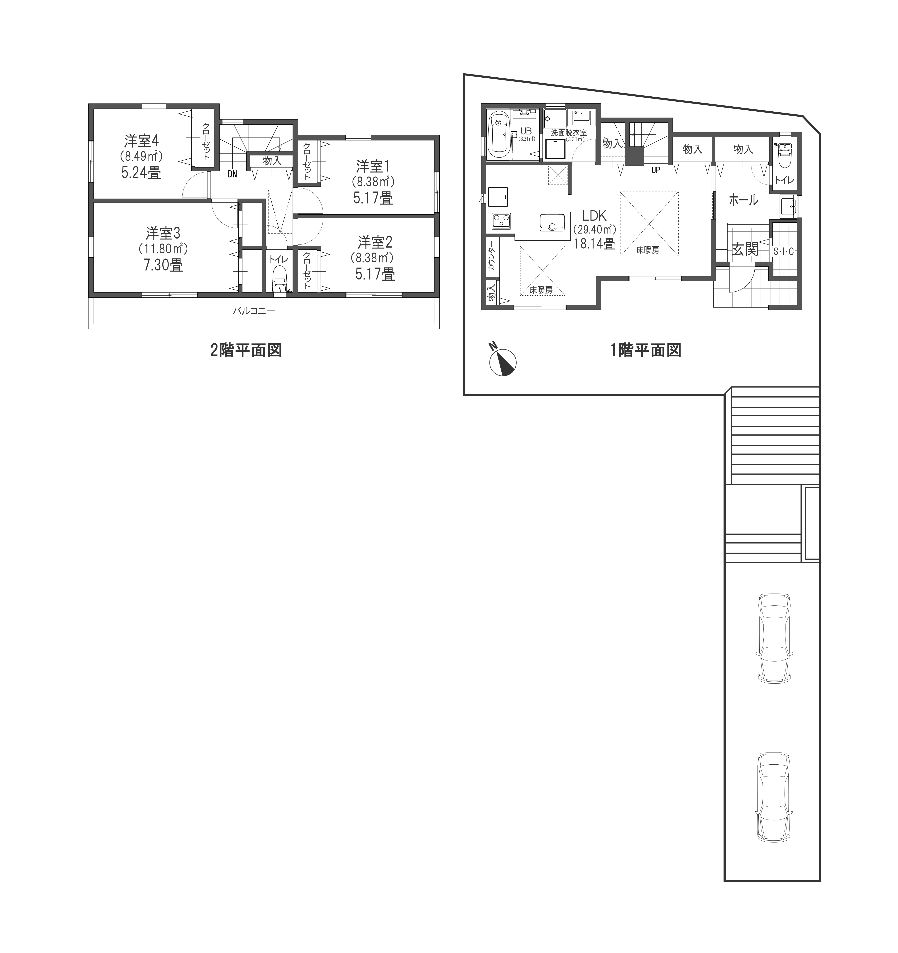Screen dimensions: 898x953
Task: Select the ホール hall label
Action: pos(743,199)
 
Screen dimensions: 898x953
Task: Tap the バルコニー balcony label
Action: pos(254,311)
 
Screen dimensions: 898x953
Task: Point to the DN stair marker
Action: pos(232,175)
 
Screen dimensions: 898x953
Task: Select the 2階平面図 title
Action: pos(246,351)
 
